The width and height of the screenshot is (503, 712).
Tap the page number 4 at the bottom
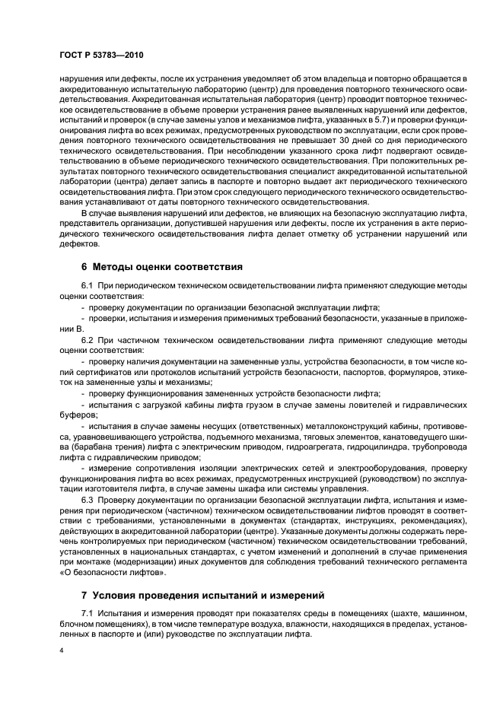tap(60, 652)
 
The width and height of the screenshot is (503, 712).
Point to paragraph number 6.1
tap(87, 284)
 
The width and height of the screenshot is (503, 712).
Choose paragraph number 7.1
tap(87, 612)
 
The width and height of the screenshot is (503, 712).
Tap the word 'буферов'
tap(75, 416)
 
